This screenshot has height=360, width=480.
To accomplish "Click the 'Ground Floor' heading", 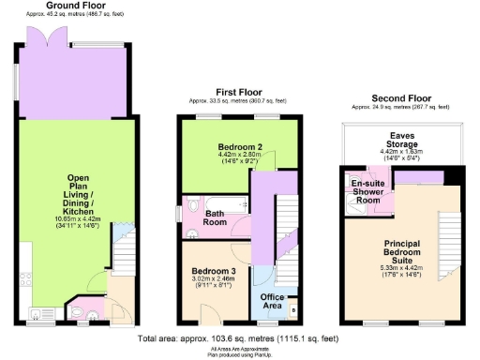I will [67, 6].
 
